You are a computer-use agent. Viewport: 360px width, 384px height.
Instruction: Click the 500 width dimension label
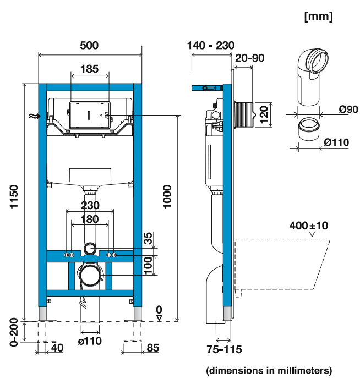(89, 45)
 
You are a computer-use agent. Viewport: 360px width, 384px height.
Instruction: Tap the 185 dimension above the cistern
(89, 69)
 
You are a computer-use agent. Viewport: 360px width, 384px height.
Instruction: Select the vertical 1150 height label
(14, 196)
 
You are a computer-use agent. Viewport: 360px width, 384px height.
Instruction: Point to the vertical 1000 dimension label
(167, 196)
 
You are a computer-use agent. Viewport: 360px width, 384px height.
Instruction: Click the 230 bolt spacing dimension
(90, 205)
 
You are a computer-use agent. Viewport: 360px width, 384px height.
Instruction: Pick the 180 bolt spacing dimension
(89, 219)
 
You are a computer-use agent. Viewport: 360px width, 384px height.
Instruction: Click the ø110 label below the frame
(90, 341)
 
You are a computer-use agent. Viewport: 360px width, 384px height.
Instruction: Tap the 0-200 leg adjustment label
(14, 332)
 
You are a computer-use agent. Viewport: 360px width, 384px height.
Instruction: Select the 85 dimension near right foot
(152, 348)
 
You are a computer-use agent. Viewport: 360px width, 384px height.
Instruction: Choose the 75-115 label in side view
(224, 349)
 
